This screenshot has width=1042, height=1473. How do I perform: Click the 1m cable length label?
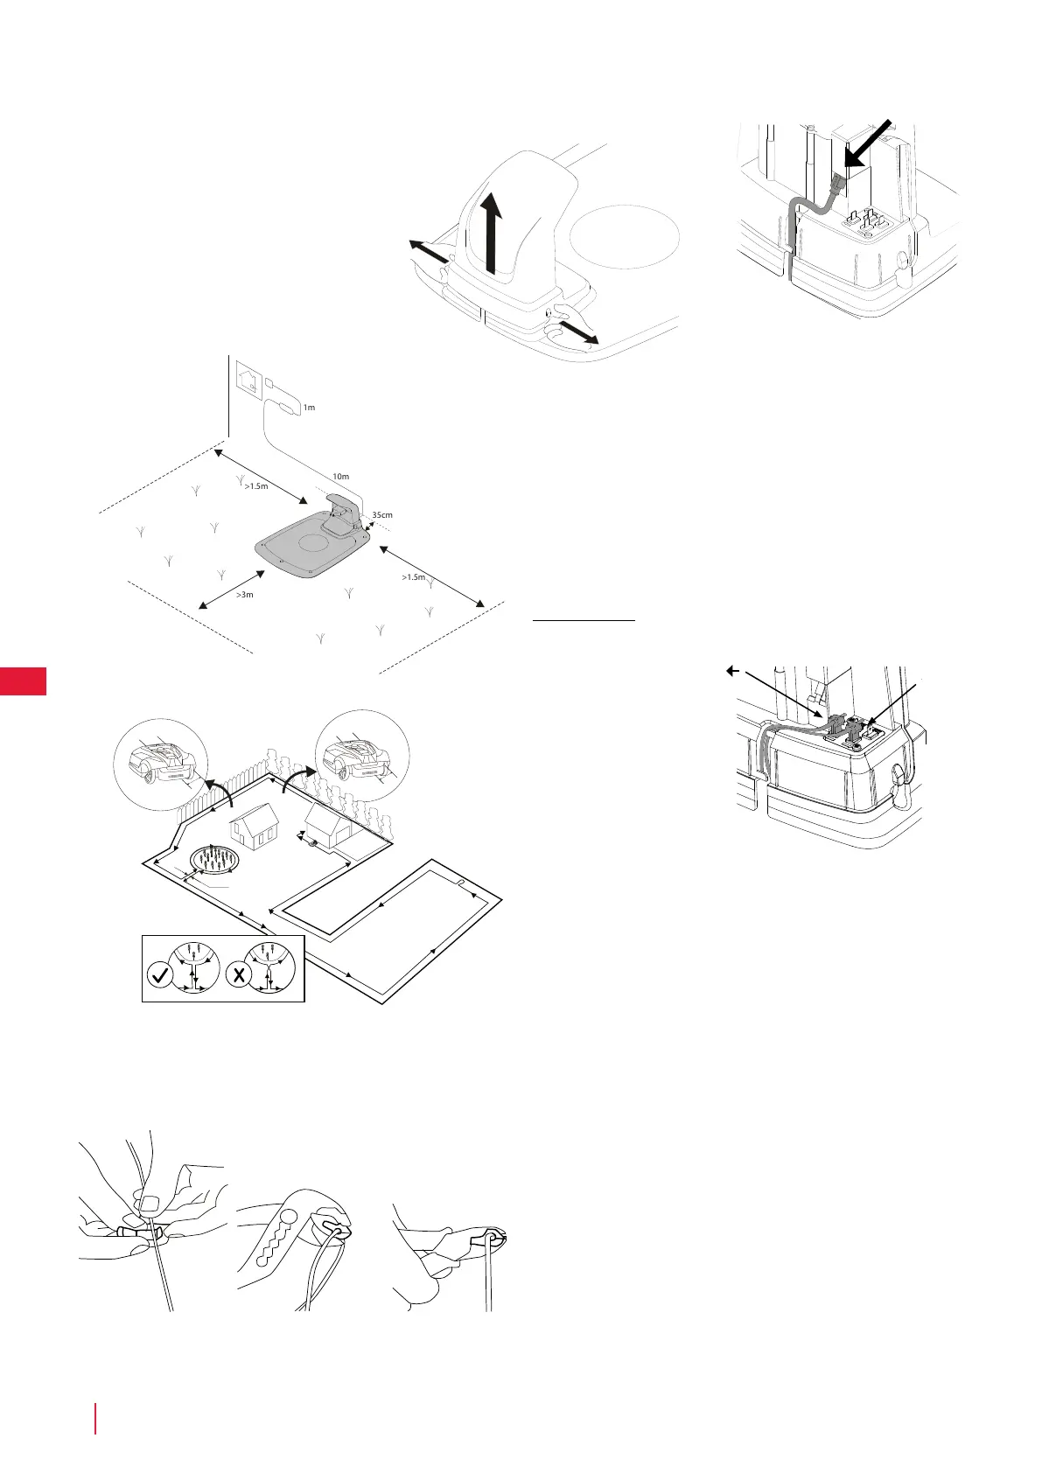(309, 408)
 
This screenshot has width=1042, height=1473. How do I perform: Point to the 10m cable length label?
(340, 477)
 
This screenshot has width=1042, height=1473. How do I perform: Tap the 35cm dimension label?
(382, 515)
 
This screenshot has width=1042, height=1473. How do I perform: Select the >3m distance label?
(245, 595)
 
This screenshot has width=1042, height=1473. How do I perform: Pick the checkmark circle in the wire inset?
(162, 974)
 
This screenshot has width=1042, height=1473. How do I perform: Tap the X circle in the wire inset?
(239, 974)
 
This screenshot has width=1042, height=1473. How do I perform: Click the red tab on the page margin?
(23, 681)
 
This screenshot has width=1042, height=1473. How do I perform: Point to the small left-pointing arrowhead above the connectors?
(732, 671)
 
